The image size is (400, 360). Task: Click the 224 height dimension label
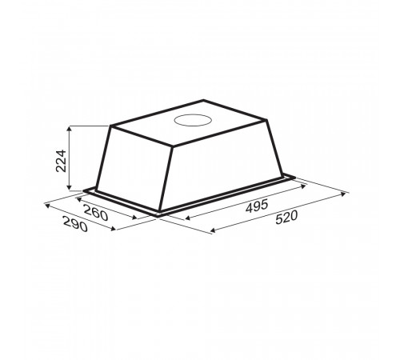point(61,161)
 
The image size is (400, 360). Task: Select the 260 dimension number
point(96,213)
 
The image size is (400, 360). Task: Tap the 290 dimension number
point(75,224)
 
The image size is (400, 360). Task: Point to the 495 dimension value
point(256,206)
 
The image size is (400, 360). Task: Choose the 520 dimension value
point(286,218)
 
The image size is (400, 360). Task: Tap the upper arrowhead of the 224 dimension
point(70,129)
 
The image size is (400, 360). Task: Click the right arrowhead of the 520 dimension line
point(343,194)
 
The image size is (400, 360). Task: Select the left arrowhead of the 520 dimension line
point(213,230)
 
